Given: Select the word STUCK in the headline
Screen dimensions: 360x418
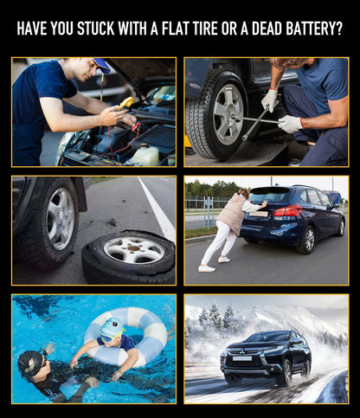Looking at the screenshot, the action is coord(96,29).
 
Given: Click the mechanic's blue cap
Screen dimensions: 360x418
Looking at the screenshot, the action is coord(102,65).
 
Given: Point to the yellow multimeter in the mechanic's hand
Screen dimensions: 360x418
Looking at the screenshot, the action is coord(125,103).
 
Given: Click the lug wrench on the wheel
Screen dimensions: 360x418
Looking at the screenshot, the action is coord(255,120).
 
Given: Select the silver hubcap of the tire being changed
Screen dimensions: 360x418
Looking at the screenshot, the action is coord(228,114).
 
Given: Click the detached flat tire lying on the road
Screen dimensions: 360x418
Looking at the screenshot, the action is coord(129,256).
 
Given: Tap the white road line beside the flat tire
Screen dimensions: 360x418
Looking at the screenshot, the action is coord(157,209).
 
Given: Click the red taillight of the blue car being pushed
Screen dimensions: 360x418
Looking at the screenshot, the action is coord(287,211).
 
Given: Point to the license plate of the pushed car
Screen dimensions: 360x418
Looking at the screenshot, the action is coord(259,214).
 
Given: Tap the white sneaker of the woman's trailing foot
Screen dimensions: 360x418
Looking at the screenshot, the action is coord(207,268).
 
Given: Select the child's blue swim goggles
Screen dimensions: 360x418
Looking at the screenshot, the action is coord(109,337).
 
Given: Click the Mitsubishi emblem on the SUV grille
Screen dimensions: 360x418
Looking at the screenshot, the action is coord(241,351).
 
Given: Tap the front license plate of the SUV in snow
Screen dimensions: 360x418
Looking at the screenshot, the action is coord(242,358).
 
